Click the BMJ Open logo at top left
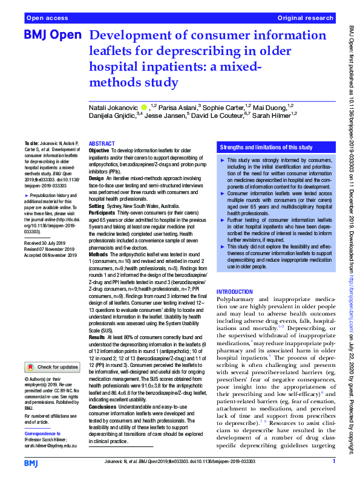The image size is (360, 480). pyautogui.click(x=52, y=36)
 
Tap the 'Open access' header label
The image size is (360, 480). pyautogui.click(x=46, y=19)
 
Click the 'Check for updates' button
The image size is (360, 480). pyautogui.click(x=53, y=367)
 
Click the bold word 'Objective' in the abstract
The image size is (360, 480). pyautogui.click(x=99, y=150)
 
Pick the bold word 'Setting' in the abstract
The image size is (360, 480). pyautogui.click(x=97, y=205)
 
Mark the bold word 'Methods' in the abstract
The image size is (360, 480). pyautogui.click(x=99, y=255)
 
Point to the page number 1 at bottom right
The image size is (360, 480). pyautogui.click(x=333, y=461)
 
